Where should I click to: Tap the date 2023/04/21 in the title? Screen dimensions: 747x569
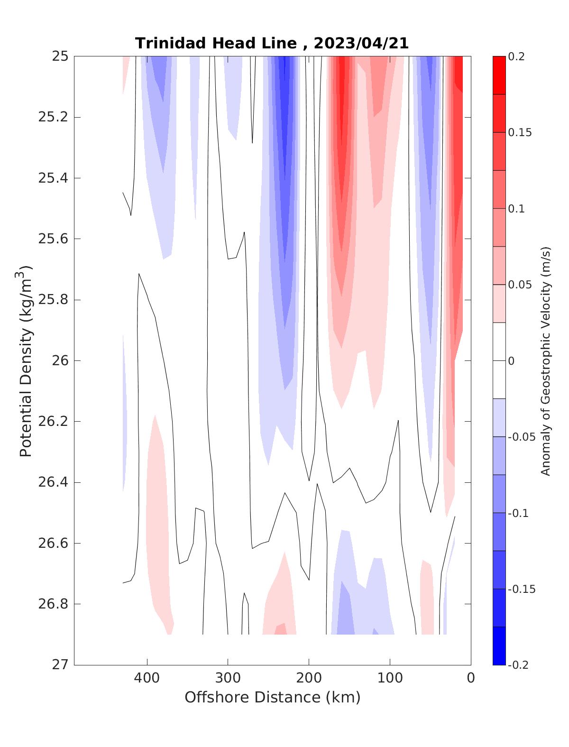pos(361,43)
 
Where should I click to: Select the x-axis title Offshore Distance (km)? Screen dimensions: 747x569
pos(272,697)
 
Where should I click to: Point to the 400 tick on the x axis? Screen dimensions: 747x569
pos(147,678)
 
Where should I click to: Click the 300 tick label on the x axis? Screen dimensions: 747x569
pos(228,678)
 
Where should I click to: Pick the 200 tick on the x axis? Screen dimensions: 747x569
pos(309,678)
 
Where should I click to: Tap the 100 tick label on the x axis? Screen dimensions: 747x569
pos(390,678)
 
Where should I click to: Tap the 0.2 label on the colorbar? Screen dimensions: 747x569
pos(516,56)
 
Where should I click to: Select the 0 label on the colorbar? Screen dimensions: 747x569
pos(511,361)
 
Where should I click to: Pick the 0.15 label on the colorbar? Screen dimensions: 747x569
pos(519,132)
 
